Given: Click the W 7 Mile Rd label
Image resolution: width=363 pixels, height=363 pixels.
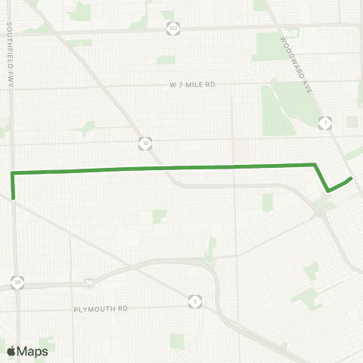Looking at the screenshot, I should click(x=193, y=85).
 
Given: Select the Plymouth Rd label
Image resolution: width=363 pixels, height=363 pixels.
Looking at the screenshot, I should click(x=102, y=309).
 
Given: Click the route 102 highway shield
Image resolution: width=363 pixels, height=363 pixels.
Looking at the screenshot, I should click(x=174, y=28).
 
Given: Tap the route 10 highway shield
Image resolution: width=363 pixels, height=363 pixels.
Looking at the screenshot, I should click(x=146, y=141).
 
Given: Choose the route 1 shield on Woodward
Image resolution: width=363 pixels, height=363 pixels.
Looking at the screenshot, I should click(x=326, y=122).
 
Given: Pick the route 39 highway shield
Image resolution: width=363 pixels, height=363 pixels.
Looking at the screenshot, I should click(x=17, y=283).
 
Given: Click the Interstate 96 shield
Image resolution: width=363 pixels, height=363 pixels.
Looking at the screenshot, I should click(x=90, y=283).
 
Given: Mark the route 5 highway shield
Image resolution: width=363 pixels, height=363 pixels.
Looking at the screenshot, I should click(x=195, y=301).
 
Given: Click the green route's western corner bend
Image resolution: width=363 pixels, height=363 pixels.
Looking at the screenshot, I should click(x=12, y=174).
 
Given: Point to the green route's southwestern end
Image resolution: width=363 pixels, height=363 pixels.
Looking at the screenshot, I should click(x=13, y=199).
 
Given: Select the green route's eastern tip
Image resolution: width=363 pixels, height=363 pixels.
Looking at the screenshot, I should click(x=352, y=178).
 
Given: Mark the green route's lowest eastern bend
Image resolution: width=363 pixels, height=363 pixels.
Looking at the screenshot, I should click(x=327, y=191).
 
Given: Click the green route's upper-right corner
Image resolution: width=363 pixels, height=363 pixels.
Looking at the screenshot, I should click(x=314, y=164).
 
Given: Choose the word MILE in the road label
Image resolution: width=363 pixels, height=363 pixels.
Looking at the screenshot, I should click(x=193, y=85).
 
